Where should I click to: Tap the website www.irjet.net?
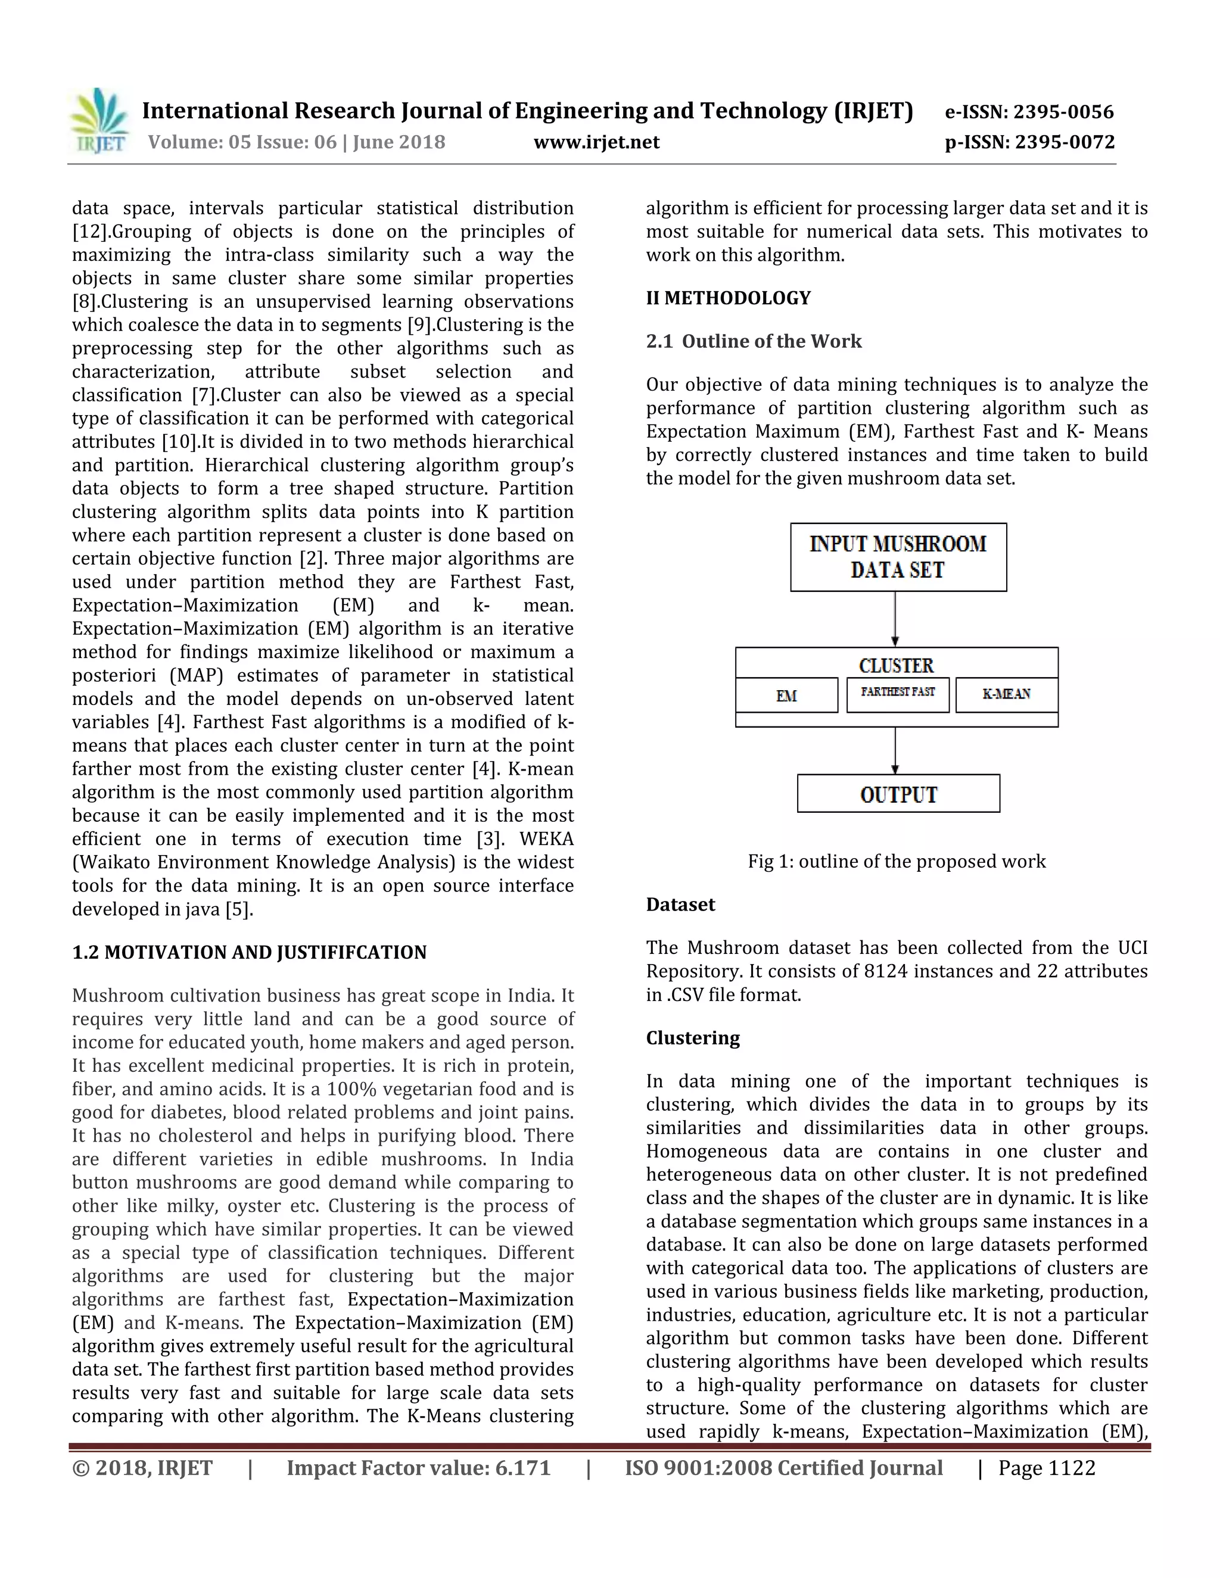pyautogui.click(x=596, y=142)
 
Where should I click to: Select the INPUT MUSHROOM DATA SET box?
pyautogui.click(x=898, y=557)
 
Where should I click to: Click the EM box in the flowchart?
pyautogui.click(x=786, y=695)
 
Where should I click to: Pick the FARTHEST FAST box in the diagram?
pyautogui.click(x=898, y=694)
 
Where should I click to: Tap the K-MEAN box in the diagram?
pyautogui.click(x=1006, y=694)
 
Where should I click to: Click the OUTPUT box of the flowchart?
pyautogui.click(x=898, y=794)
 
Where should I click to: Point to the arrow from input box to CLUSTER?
pyautogui.click(x=895, y=619)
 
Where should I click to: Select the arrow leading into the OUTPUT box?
pyautogui.click(x=895, y=751)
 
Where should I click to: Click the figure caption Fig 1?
pyautogui.click(x=896, y=861)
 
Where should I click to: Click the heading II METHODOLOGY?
pyautogui.click(x=728, y=298)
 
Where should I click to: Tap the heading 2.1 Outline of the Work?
pyautogui.click(x=754, y=341)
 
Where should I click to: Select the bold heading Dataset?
pyautogui.click(x=680, y=905)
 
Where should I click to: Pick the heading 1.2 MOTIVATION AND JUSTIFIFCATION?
pyautogui.click(x=250, y=952)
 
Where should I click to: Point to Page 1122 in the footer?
pyautogui.click(x=1047, y=1468)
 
